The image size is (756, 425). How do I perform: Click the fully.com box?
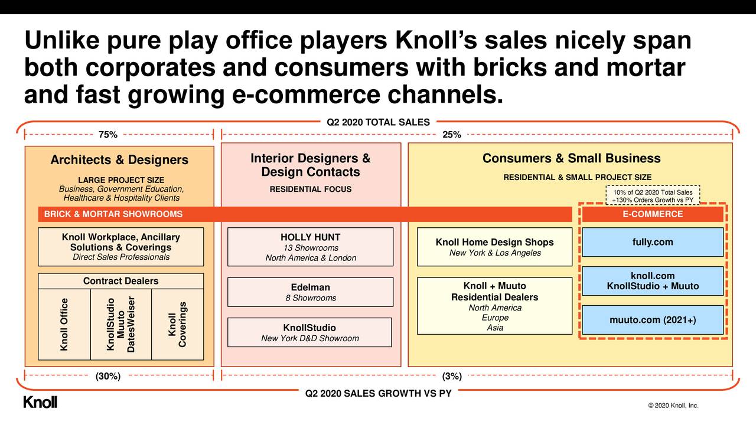pos(652,242)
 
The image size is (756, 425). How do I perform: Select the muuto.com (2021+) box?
pos(652,320)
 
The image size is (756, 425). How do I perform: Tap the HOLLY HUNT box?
pos(310,247)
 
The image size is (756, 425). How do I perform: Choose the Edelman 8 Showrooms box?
pos(310,292)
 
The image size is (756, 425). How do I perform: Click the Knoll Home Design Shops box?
pos(494,247)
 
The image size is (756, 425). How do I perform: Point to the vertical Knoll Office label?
pos(64,324)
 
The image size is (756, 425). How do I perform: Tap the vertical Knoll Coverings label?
pos(177,325)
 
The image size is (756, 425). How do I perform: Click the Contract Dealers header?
pos(120,281)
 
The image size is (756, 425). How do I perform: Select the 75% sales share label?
pos(107,135)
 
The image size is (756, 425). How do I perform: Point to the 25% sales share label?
pos(452,135)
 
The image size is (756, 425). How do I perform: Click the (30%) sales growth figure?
pos(108,377)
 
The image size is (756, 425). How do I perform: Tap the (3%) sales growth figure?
pos(452,377)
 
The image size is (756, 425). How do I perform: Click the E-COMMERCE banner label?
pos(652,214)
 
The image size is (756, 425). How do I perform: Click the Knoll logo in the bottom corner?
pos(40,403)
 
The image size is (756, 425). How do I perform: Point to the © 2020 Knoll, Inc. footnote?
pos(673,406)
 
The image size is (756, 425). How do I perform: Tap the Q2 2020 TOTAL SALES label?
pos(378,122)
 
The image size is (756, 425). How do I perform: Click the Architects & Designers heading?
pos(119,160)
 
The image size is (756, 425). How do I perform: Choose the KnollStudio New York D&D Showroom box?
pos(309,332)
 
